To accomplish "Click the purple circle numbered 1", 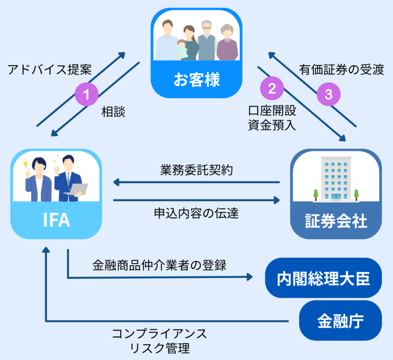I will coord(86,94).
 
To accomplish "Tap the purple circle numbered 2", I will coord(272,89).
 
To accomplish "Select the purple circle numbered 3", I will coord(329,95).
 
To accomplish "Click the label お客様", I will coord(196,81).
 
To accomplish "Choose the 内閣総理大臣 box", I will coord(324,278).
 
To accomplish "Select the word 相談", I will coord(113,112).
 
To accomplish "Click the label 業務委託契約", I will coord(196,171).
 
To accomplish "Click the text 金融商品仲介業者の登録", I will coord(159,265).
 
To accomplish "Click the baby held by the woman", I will coord(182,49).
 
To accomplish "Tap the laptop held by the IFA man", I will coord(76,190).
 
